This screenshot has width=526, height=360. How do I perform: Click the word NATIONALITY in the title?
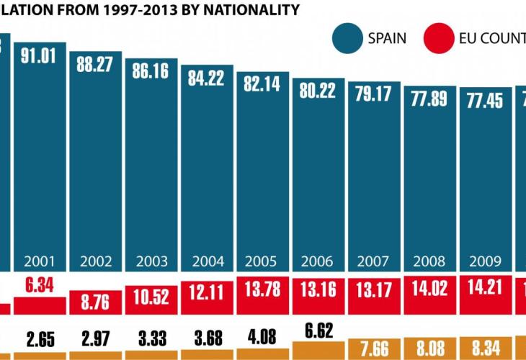(x=251, y=10)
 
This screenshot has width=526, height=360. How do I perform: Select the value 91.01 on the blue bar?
(x=40, y=57)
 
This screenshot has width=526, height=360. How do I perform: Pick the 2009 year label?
(x=483, y=261)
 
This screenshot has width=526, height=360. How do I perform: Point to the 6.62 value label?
(x=318, y=331)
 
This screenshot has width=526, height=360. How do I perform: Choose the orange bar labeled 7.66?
(x=373, y=348)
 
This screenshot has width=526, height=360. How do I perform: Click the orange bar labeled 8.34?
(x=483, y=348)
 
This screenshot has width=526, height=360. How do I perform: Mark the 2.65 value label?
(x=40, y=338)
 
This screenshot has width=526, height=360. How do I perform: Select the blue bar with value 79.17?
(x=373, y=180)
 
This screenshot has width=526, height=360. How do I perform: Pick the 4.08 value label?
(x=262, y=336)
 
